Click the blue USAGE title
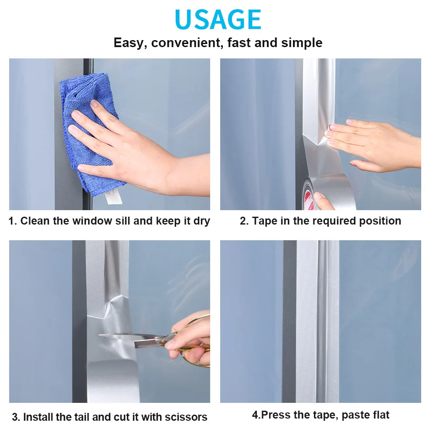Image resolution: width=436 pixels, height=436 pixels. pos(218,19)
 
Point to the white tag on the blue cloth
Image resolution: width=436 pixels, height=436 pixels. pos(113,197)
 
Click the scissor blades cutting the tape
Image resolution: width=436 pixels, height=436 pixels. pos(131,340)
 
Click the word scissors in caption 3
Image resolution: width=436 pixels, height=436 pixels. pos(186,417)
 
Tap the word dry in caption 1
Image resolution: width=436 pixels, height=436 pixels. pos(201,221)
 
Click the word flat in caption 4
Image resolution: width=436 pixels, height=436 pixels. pos(380,415)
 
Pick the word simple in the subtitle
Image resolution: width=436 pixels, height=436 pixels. pos(302,43)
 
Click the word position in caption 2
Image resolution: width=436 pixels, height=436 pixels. pos(380,221)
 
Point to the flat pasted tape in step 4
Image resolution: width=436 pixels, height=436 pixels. pos(317,321)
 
